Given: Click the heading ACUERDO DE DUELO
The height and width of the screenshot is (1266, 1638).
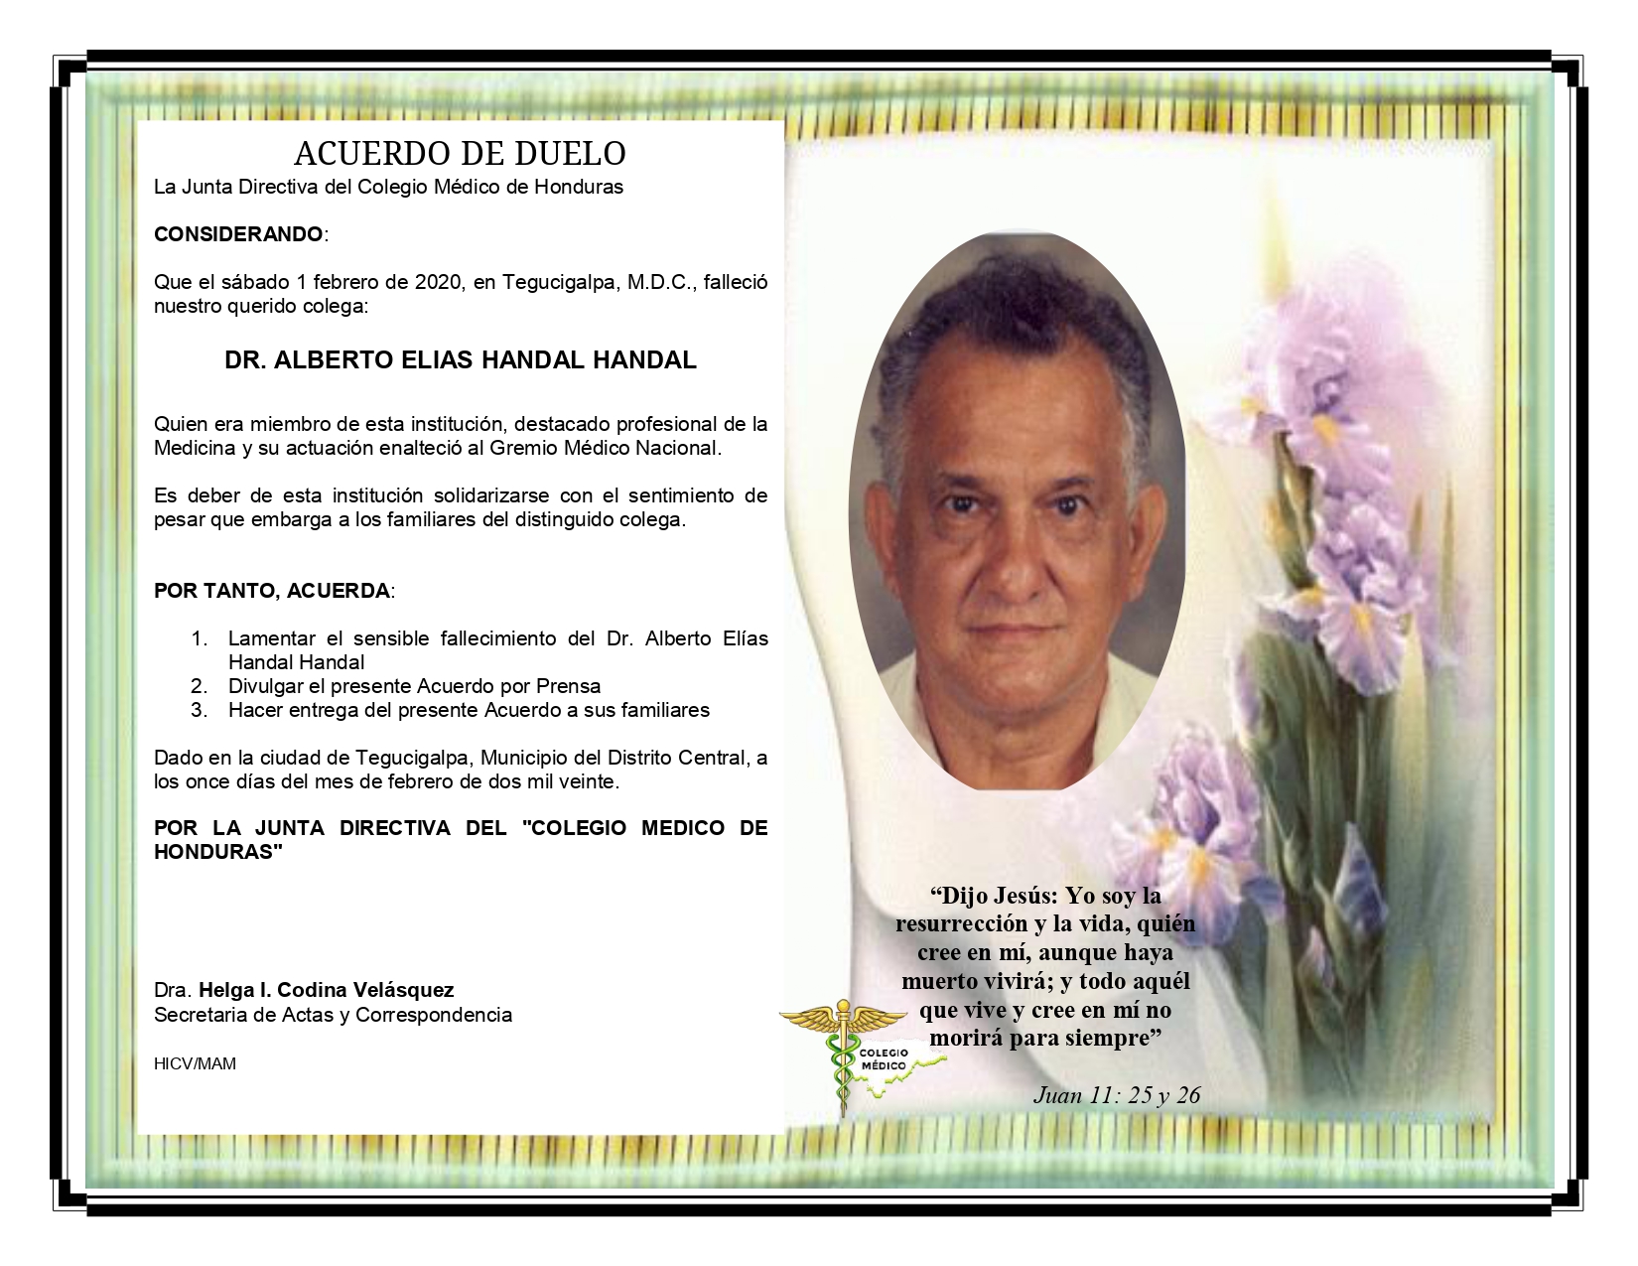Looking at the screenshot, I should (460, 154).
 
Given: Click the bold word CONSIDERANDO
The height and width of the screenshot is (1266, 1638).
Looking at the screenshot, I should (238, 234).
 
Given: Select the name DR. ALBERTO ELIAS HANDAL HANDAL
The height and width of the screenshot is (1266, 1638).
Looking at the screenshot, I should (461, 360).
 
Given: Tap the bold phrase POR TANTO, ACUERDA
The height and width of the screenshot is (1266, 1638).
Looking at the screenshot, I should (272, 591).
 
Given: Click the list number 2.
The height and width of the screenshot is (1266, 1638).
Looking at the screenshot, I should (199, 686).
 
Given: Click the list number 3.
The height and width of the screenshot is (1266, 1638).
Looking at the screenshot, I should (199, 710).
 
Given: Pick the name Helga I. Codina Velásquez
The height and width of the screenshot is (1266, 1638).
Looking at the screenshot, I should (326, 990).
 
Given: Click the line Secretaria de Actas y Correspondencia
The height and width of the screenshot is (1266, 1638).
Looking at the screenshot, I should (333, 1015).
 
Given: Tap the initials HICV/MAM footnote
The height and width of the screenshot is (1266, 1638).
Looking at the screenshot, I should (195, 1063).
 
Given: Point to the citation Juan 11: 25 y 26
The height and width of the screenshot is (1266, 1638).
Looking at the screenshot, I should (1117, 1095).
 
